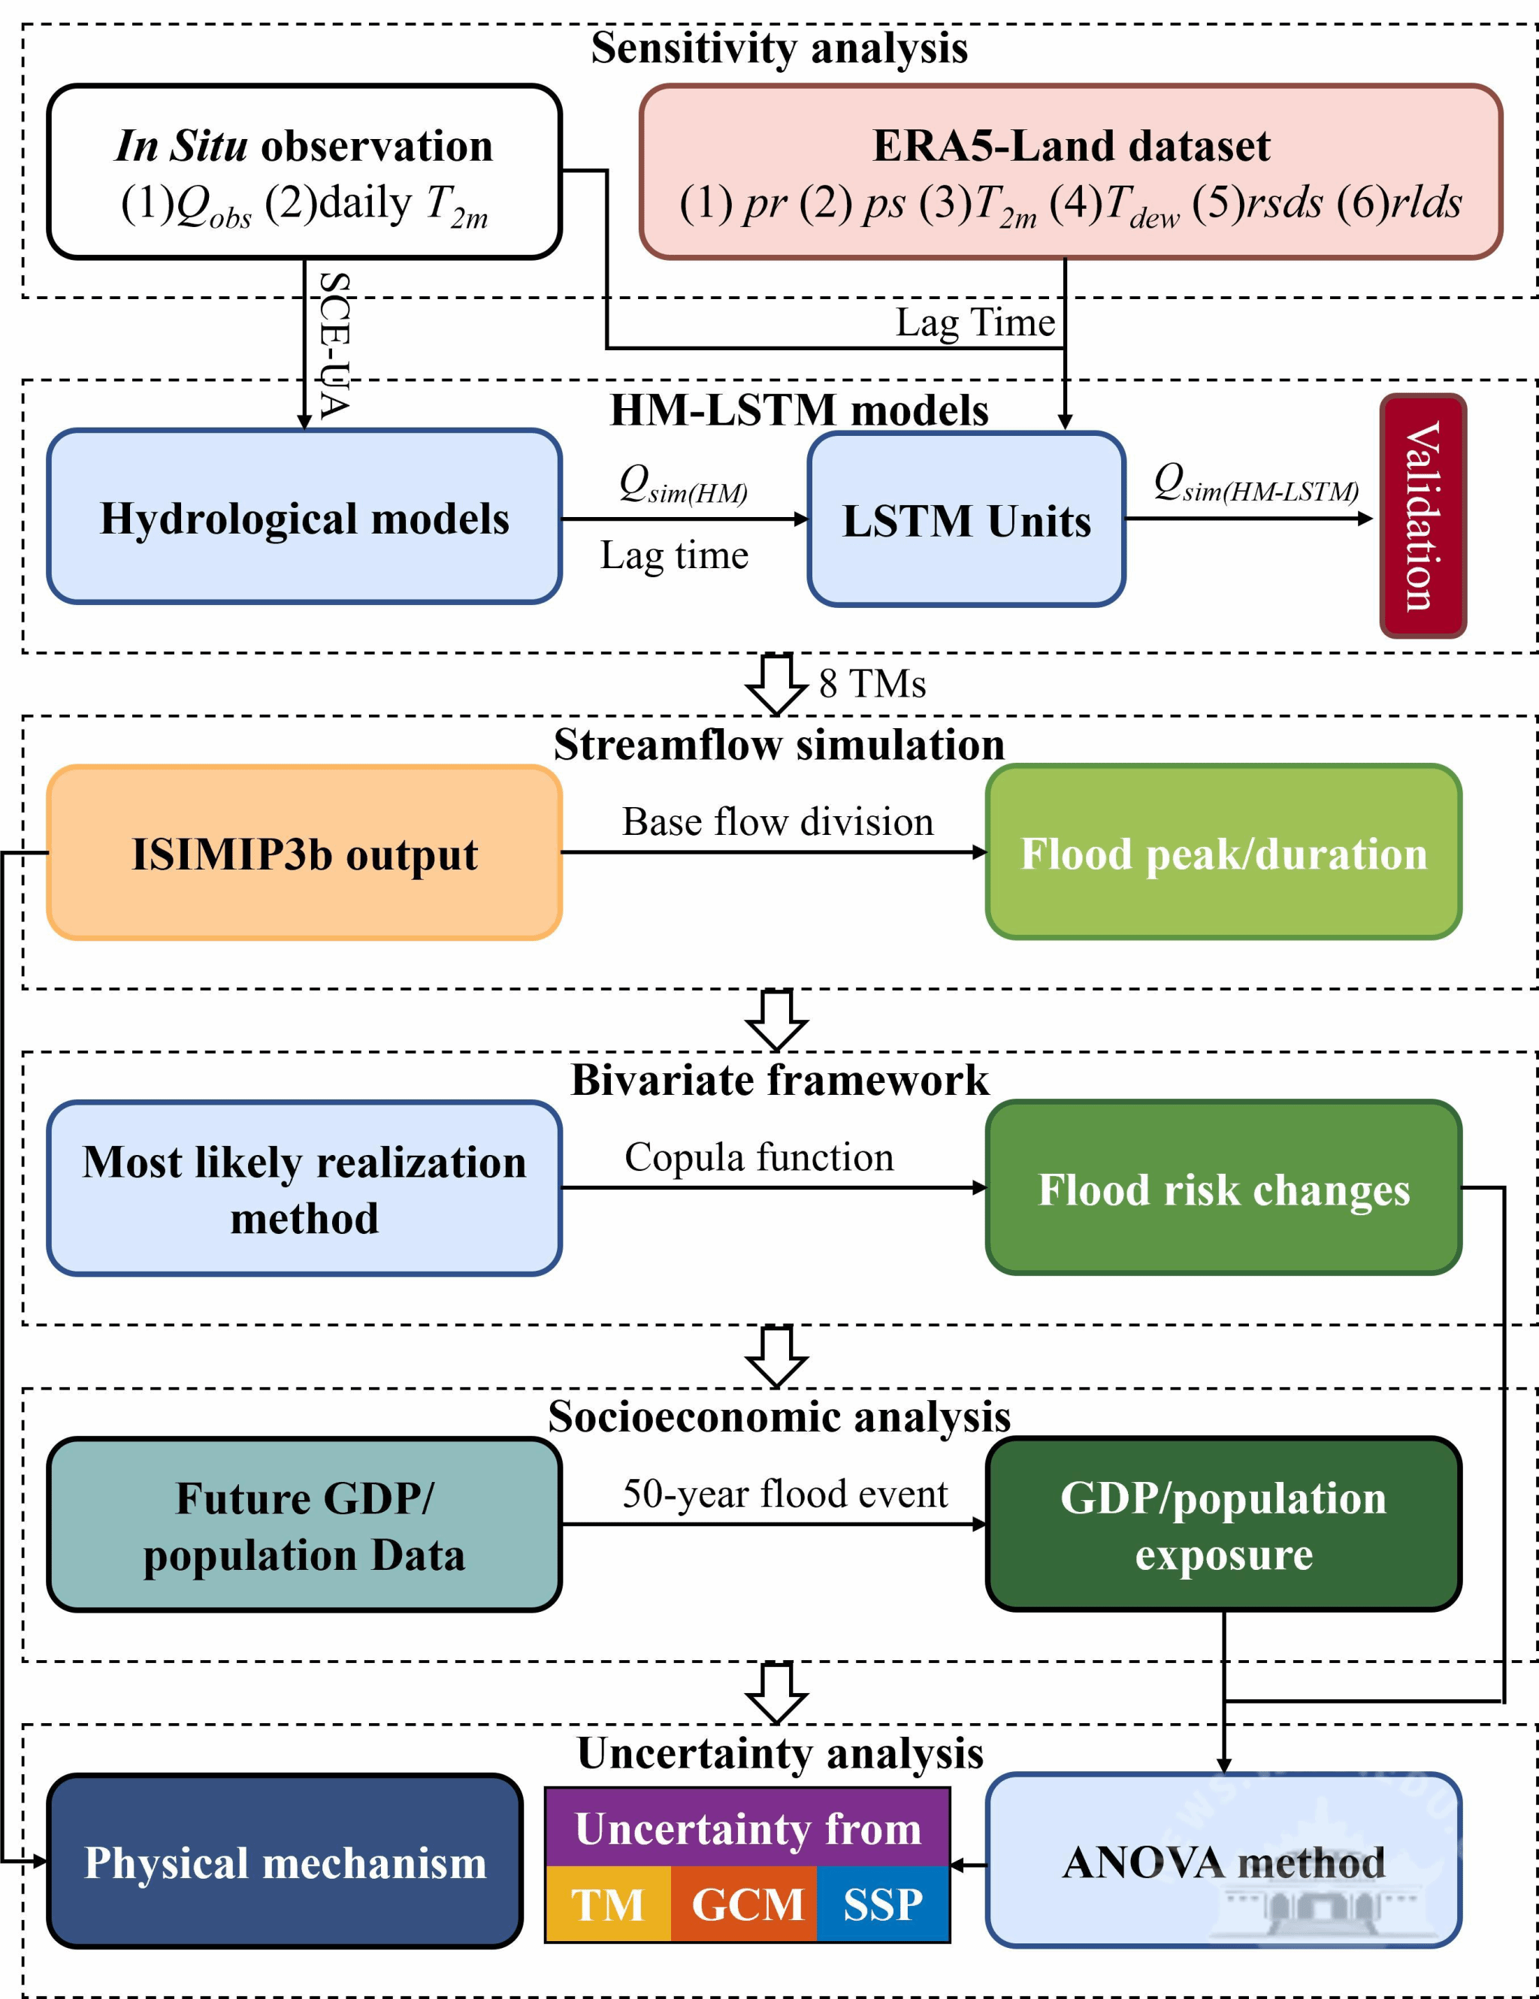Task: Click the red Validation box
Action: (x=1423, y=516)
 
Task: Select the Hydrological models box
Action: (x=304, y=517)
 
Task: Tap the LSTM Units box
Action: (x=966, y=519)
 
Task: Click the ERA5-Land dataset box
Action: (x=1071, y=172)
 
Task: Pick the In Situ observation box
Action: (x=304, y=172)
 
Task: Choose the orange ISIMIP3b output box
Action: (x=304, y=853)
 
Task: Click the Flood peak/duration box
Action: (x=1223, y=852)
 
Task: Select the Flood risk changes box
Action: (x=1223, y=1188)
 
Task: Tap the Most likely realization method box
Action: (x=304, y=1189)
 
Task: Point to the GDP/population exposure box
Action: (x=1223, y=1525)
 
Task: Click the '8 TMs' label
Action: (x=872, y=684)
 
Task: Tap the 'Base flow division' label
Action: (x=778, y=822)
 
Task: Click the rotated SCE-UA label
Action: (x=334, y=346)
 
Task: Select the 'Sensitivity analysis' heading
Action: (x=779, y=47)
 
